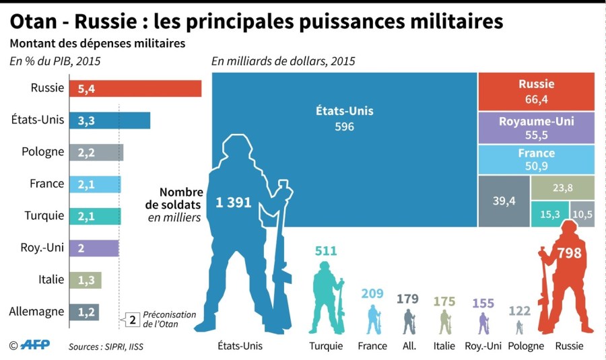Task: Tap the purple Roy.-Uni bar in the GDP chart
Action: tap(94, 248)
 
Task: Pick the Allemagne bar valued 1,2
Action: tap(84, 312)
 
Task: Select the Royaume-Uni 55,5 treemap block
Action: tap(537, 127)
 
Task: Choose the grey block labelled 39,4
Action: tap(503, 201)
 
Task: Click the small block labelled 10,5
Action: tap(583, 213)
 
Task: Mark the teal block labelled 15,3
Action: tap(549, 213)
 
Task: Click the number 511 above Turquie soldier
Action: tap(326, 251)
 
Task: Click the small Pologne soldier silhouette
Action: tap(518, 327)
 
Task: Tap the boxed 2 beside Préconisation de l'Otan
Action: tap(133, 320)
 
